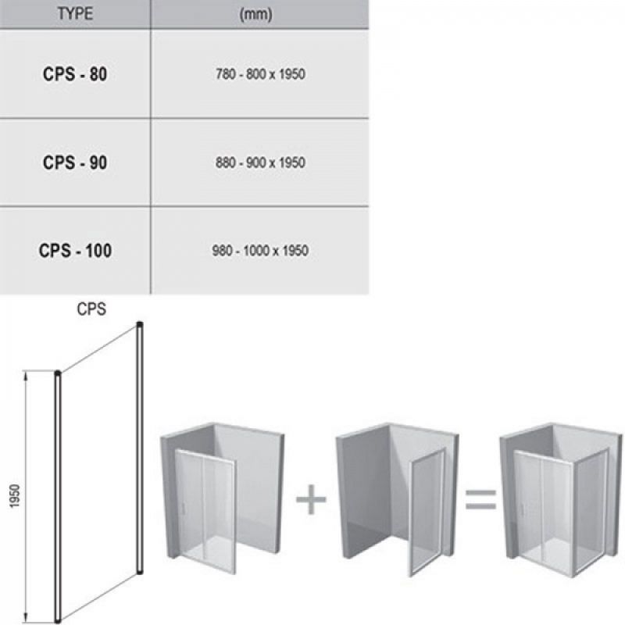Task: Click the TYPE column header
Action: point(75,13)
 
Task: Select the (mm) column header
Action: point(256,14)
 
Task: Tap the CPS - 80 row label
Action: point(75,74)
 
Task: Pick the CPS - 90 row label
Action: point(75,162)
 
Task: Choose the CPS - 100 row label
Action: point(75,251)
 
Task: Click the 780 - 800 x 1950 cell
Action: point(260,74)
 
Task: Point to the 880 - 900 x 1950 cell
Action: point(260,162)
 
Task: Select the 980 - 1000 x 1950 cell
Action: point(260,251)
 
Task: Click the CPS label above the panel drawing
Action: point(91,309)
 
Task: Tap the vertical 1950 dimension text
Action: point(15,496)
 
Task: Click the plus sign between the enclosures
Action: point(311,499)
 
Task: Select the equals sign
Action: point(481,500)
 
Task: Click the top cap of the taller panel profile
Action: point(140,324)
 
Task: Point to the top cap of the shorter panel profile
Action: point(58,373)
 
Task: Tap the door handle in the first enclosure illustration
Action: point(184,509)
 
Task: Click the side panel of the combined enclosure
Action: point(592,513)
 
